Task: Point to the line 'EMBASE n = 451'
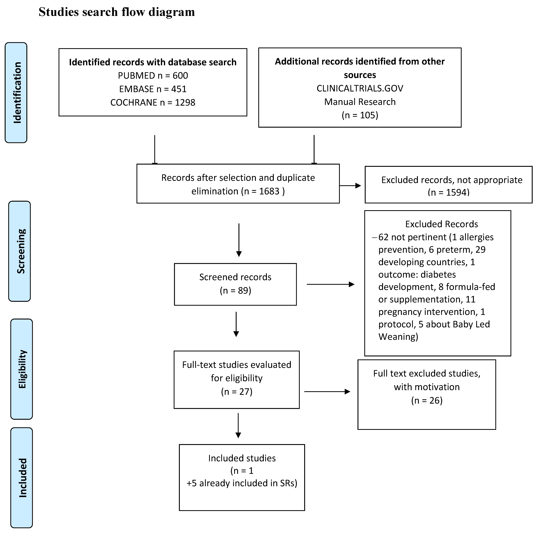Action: (x=153, y=89)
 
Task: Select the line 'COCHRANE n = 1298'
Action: (x=153, y=102)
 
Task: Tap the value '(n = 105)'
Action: (x=360, y=115)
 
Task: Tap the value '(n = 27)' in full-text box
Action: (x=236, y=392)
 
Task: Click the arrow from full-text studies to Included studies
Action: (x=238, y=425)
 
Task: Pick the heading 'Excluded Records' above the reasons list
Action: (x=441, y=224)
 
